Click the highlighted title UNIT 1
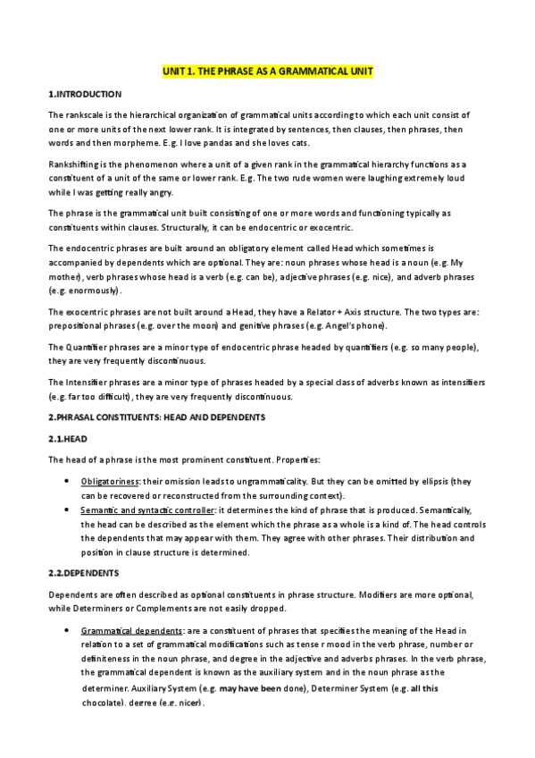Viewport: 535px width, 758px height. tap(267, 70)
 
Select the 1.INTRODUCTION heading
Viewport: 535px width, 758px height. tap(84, 94)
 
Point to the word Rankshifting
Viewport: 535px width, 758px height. tap(74, 165)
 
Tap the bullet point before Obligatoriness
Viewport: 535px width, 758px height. tap(70, 481)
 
